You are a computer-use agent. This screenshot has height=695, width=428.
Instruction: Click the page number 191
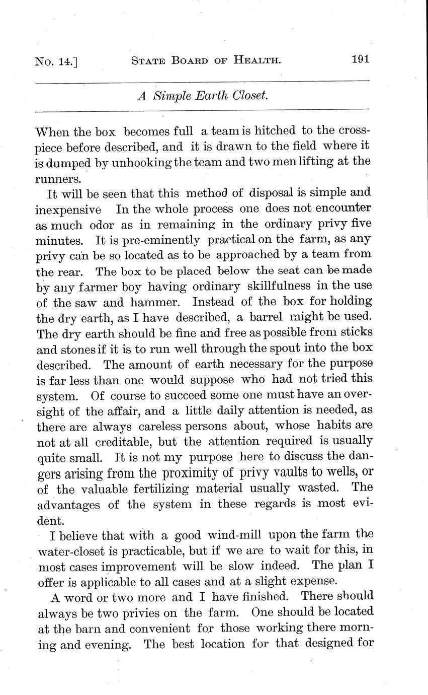pyautogui.click(x=361, y=59)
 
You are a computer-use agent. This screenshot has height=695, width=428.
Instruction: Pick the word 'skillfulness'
pyautogui.click(x=279, y=287)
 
